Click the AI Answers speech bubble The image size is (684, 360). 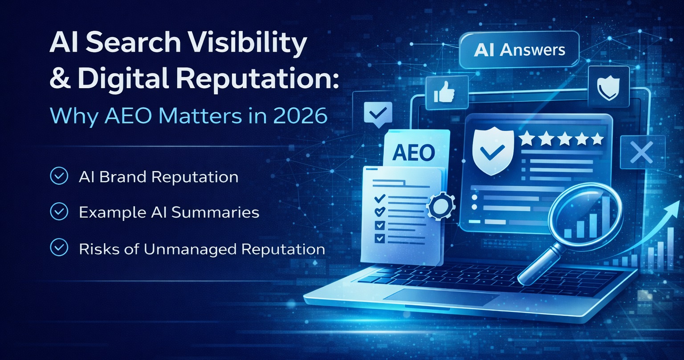pyautogui.click(x=519, y=50)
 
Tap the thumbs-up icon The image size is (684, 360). pyautogui.click(x=440, y=93)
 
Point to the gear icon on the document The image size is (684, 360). pyautogui.click(x=440, y=205)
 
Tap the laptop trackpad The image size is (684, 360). pyautogui.click(x=441, y=297)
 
